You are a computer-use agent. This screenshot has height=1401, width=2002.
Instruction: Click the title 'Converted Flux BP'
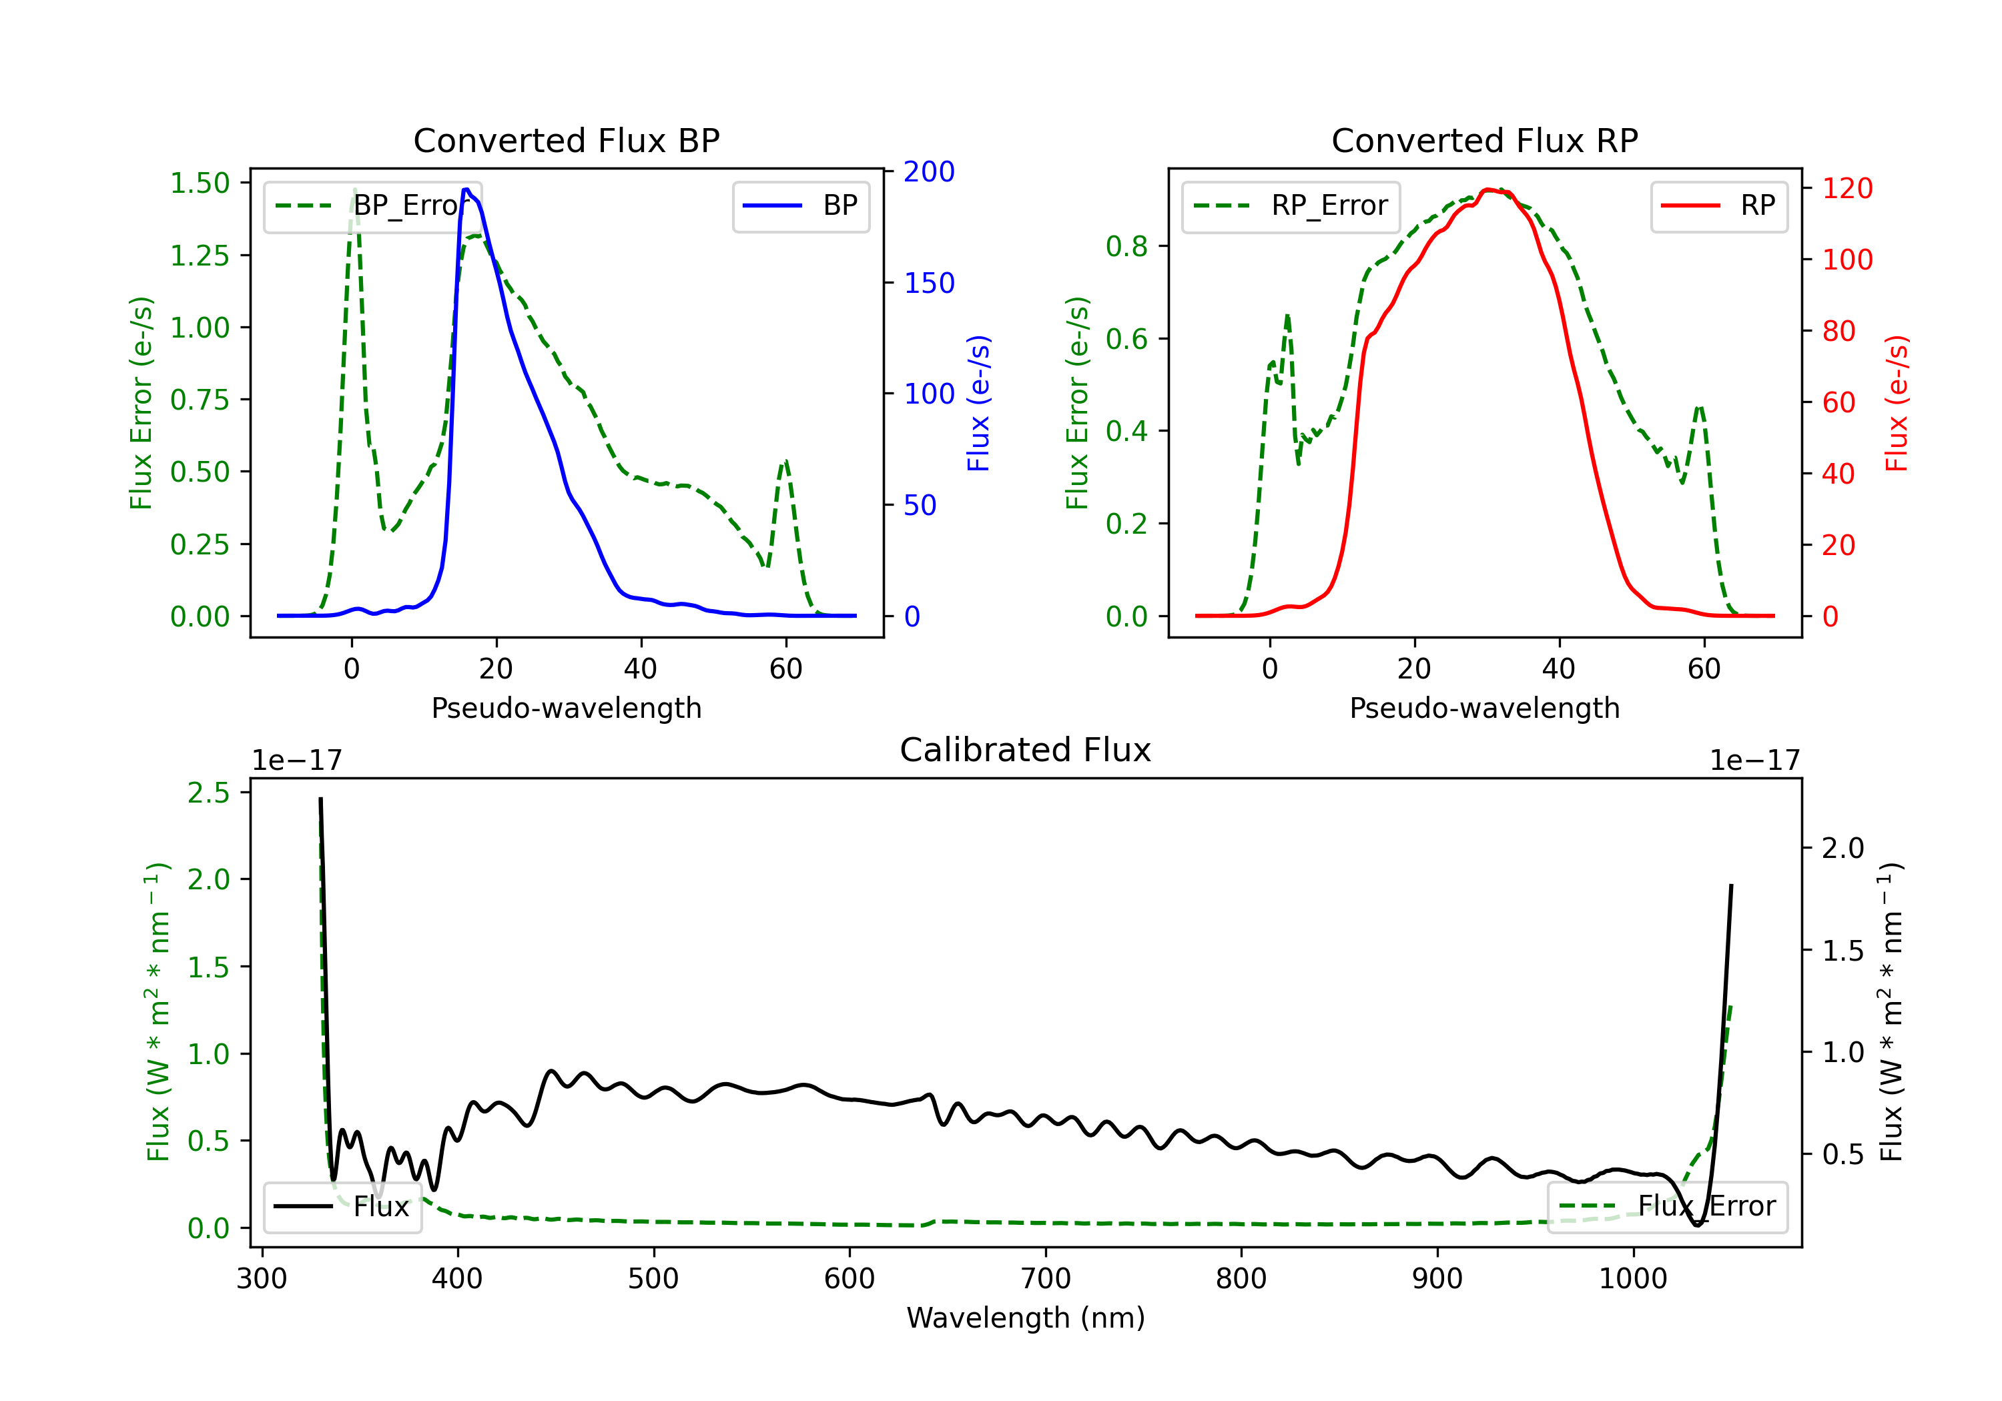click(566, 140)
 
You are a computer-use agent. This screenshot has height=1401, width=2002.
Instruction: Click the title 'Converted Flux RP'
click(1484, 140)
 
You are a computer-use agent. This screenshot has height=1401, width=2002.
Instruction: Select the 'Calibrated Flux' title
click(1026, 750)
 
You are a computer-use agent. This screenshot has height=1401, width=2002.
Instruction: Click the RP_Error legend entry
click(1291, 205)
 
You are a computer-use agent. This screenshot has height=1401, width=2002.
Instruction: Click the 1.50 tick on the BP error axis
click(200, 183)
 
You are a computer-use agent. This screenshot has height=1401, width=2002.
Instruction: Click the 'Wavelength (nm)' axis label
click(1026, 1318)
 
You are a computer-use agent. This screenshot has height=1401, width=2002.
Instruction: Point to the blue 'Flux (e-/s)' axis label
click(978, 403)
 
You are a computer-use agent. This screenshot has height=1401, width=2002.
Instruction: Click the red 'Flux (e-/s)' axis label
click(1897, 403)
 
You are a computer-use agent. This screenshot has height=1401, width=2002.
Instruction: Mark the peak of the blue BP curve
click(466, 189)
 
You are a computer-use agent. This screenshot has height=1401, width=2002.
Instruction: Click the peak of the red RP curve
click(1489, 189)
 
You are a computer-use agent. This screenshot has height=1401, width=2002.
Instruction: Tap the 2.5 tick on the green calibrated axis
click(208, 793)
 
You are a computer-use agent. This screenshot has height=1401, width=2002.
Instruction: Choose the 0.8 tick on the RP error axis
click(1126, 247)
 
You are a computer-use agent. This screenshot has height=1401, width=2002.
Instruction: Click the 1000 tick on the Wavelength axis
click(1632, 1279)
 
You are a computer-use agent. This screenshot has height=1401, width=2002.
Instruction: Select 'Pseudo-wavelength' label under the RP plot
click(1484, 708)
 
